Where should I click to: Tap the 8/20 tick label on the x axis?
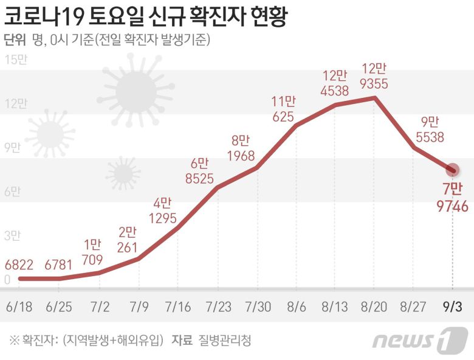pyautogui.click(x=373, y=305)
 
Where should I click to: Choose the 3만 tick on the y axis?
pyautogui.click(x=12, y=235)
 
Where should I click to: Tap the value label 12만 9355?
pyautogui.click(x=374, y=75)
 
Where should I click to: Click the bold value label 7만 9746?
pyautogui.click(x=453, y=198)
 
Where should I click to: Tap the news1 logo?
pyautogui.click(x=419, y=339)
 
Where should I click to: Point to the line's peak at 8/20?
pyautogui.click(x=375, y=97)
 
